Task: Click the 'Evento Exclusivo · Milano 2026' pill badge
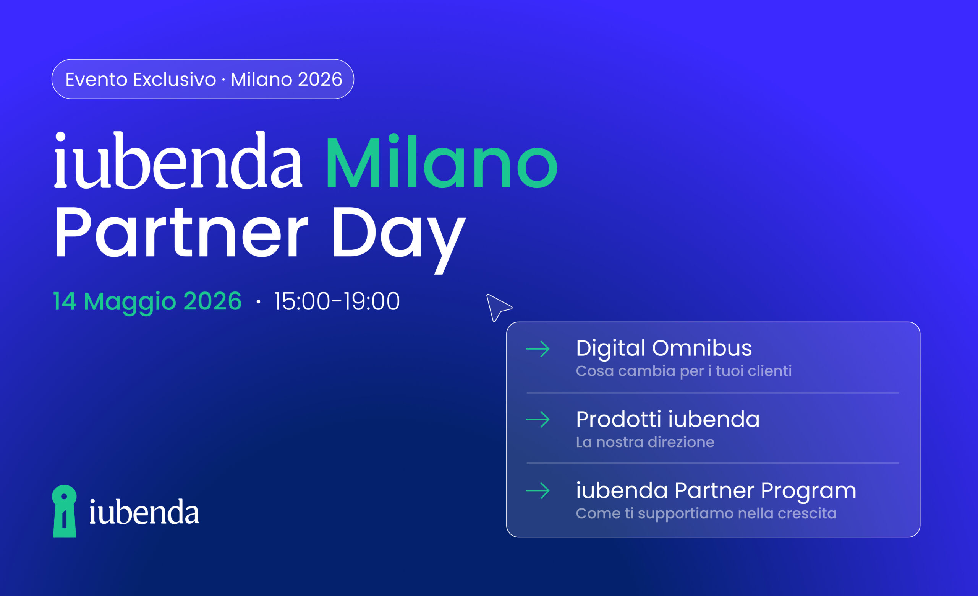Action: pyautogui.click(x=203, y=79)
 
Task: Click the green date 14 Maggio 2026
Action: pyautogui.click(x=147, y=301)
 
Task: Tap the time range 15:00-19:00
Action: pyautogui.click(x=337, y=301)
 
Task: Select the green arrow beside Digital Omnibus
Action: pyautogui.click(x=538, y=349)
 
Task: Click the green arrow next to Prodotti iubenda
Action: pyautogui.click(x=538, y=420)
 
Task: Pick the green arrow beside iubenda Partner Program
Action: pyautogui.click(x=538, y=491)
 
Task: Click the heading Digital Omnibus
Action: pyautogui.click(x=664, y=348)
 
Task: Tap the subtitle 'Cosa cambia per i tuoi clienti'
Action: pyautogui.click(x=683, y=371)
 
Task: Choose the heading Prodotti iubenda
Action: pyautogui.click(x=668, y=419)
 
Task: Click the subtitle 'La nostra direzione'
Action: pyautogui.click(x=645, y=442)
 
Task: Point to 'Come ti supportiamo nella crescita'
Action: pyautogui.click(x=706, y=513)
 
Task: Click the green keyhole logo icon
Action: pyautogui.click(x=64, y=511)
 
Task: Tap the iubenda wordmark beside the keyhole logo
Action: pyautogui.click(x=144, y=512)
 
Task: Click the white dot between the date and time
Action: pyautogui.click(x=258, y=302)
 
